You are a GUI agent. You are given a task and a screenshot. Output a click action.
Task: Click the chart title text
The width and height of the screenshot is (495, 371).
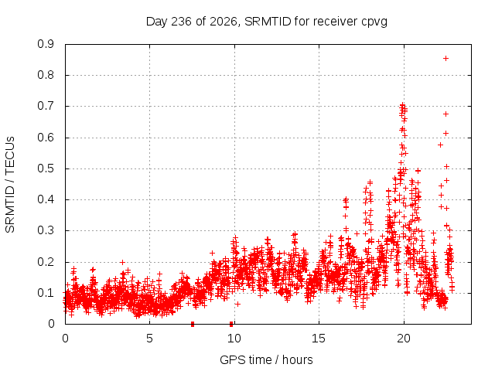point(267,22)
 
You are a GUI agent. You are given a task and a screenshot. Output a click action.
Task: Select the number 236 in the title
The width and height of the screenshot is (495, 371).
point(181,22)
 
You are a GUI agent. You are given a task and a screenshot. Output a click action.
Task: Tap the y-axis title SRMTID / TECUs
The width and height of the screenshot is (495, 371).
point(10,185)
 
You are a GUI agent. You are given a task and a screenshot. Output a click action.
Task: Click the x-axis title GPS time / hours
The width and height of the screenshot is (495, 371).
point(266,359)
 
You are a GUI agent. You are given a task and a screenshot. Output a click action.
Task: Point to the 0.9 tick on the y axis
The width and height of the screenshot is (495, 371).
point(46,44)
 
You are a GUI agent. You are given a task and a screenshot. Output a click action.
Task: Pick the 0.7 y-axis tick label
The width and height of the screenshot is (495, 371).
point(46,107)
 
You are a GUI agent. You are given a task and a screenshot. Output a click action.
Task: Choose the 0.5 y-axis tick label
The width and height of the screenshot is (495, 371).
point(46,168)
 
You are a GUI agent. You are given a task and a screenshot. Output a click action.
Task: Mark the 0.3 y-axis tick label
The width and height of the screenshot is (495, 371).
point(46,230)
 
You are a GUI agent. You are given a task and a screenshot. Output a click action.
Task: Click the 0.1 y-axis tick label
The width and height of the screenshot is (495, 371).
point(46,293)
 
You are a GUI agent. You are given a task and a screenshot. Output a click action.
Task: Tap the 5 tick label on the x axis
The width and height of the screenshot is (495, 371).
point(149,339)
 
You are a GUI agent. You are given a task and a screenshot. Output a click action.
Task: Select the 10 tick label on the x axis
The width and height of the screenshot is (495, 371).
point(234,339)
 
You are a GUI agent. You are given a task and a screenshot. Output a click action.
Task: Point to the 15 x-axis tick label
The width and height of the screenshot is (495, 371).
point(319,339)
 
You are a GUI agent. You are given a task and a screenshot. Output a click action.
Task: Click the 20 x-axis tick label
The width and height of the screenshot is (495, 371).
point(404,339)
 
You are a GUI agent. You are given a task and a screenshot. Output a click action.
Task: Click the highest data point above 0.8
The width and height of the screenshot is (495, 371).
point(445,59)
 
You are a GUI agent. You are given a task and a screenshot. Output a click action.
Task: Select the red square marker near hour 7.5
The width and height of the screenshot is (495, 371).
point(193,324)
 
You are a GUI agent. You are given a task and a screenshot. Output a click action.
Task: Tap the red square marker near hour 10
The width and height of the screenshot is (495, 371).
point(231,324)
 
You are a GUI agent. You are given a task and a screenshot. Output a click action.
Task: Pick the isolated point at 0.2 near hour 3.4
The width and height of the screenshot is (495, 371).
point(122,262)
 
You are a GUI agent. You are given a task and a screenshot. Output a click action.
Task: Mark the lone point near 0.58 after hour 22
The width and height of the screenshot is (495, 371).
point(440,145)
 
